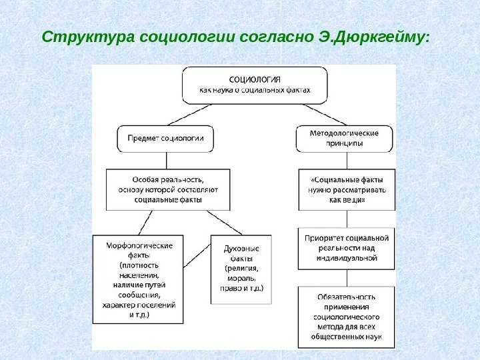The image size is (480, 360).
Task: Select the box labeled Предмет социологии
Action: pos(167,139)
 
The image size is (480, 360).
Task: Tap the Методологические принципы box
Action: pos(344,139)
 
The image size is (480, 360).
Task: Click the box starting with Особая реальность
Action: pos(168,189)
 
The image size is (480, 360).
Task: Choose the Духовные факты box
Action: pos(241,268)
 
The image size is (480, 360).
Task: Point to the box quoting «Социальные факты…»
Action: pos(344,189)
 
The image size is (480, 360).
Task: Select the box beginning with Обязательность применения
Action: pos(345,316)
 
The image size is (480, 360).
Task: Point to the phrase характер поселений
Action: pos(139,305)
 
